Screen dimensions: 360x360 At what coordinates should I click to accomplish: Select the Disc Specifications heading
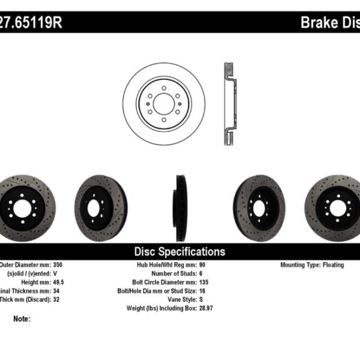click(179, 251)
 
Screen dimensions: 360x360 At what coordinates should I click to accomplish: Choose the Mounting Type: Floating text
click(312, 265)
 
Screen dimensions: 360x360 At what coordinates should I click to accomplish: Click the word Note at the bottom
click(21, 319)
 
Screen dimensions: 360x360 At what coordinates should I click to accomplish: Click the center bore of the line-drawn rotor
click(163, 103)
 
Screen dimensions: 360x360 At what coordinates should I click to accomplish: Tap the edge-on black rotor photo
click(179, 205)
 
